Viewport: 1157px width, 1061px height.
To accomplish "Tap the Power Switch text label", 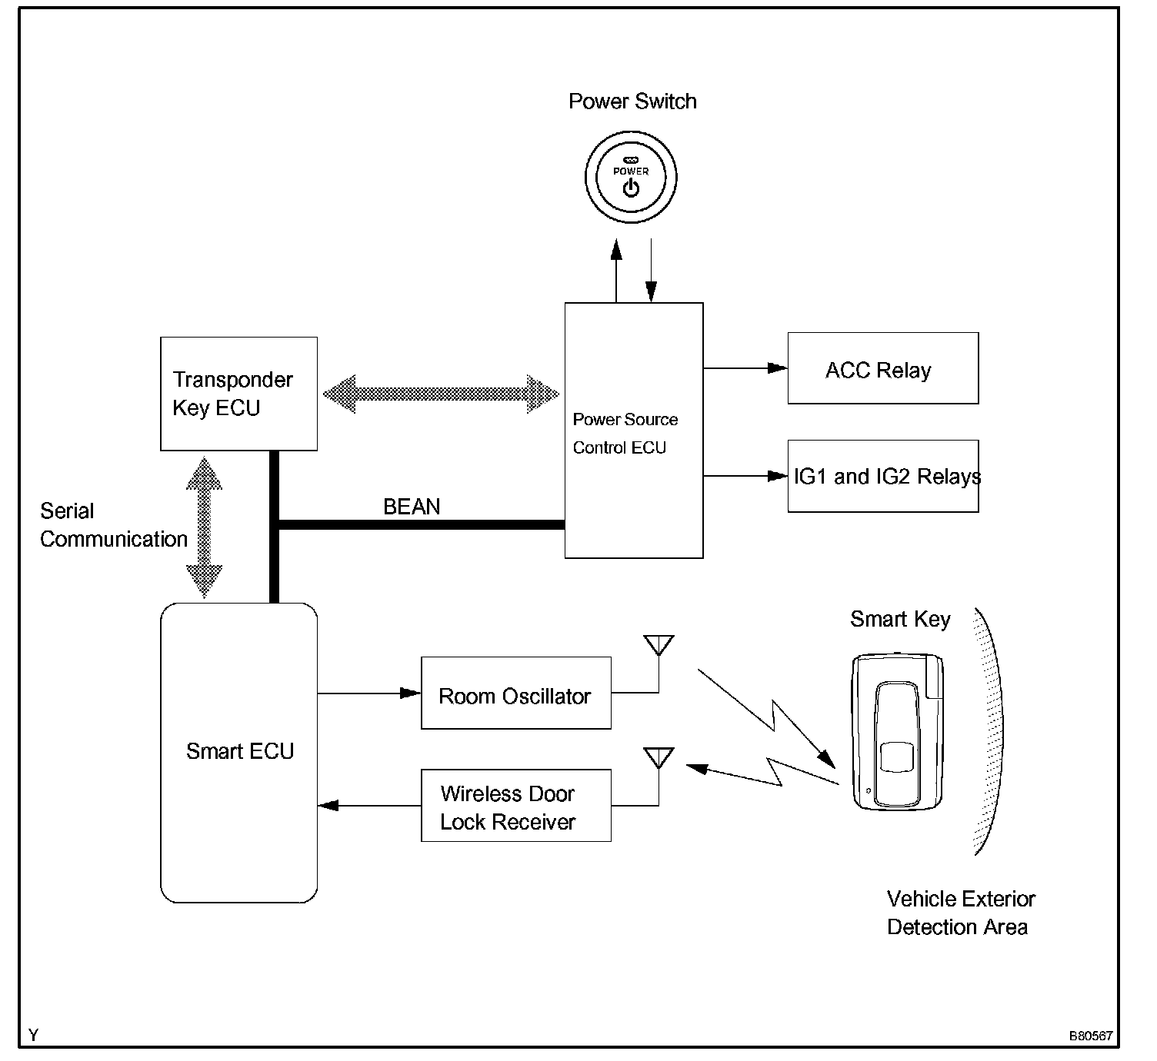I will pos(632,101).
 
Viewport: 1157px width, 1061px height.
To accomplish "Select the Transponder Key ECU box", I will pos(238,394).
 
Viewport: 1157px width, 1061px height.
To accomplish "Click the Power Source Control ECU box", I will pos(633,431).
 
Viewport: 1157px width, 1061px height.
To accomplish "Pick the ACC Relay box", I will pos(882,368).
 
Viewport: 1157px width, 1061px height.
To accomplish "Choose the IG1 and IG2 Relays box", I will pos(882,476).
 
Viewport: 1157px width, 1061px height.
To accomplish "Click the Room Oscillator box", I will pos(515,693).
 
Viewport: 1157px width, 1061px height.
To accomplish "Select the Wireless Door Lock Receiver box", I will pos(515,806).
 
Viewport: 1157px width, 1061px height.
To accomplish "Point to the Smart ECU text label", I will pos(240,751).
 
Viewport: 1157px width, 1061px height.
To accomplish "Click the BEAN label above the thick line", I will pos(412,507).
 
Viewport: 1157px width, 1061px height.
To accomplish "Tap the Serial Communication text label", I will pos(113,525).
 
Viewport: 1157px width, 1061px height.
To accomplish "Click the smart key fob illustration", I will pos(897,731).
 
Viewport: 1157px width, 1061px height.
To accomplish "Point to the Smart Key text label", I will pos(900,620).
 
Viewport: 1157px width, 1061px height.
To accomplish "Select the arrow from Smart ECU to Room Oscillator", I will pos(369,693).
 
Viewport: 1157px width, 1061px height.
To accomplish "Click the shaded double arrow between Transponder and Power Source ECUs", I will pos(441,394).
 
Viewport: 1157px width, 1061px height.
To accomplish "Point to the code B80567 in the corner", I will pos(1091,1036).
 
